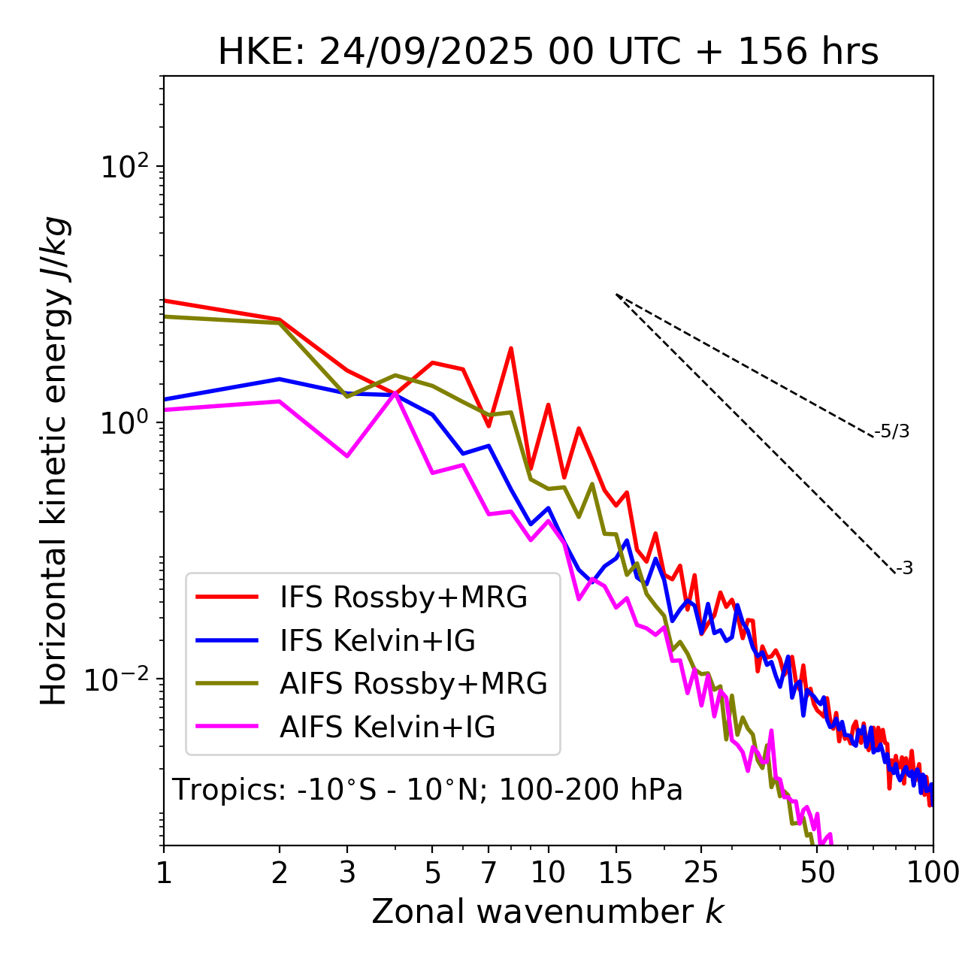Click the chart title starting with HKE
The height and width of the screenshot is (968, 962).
pyautogui.click(x=548, y=53)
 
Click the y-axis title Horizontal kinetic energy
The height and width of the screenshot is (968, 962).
pyautogui.click(x=54, y=461)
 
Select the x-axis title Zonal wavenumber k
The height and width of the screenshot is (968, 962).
pyautogui.click(x=548, y=912)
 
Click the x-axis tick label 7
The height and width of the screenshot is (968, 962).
pyautogui.click(x=489, y=873)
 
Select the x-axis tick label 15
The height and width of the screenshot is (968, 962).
pyautogui.click(x=616, y=873)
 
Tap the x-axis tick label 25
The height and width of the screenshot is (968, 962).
pyautogui.click(x=701, y=873)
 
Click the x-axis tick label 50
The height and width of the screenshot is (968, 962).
pyautogui.click(x=817, y=873)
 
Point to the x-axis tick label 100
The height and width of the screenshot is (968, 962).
pyautogui.click(x=932, y=873)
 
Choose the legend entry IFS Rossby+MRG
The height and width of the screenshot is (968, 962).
pyautogui.click(x=404, y=597)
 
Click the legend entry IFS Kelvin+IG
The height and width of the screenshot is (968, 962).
pyautogui.click(x=377, y=641)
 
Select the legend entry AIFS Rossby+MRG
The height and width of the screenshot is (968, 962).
pyautogui.click(x=413, y=684)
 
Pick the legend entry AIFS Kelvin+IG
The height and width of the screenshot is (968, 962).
pyautogui.click(x=387, y=728)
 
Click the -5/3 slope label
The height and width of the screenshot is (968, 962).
pyautogui.click(x=892, y=431)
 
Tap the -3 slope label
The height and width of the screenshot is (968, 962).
pyautogui.click(x=904, y=569)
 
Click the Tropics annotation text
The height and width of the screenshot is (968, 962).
pyautogui.click(x=427, y=791)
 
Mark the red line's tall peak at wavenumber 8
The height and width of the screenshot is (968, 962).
pyautogui.click(x=511, y=349)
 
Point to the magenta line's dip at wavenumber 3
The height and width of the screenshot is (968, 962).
pyautogui.click(x=346, y=456)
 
